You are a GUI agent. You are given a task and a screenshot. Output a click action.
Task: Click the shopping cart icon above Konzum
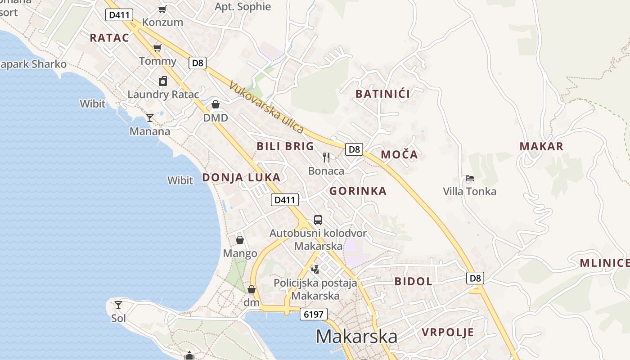coord(162,9)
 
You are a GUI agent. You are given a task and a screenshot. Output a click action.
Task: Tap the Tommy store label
coord(157,61)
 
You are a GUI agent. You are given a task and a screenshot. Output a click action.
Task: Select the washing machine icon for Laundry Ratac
coord(163,81)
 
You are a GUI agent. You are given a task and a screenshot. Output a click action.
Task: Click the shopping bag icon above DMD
coord(216,104)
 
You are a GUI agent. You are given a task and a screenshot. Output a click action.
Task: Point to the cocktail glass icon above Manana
coord(150,118)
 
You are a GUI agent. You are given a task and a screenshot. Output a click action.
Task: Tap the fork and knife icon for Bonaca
coord(326,157)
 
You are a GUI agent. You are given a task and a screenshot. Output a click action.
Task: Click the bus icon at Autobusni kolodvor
coord(318,220)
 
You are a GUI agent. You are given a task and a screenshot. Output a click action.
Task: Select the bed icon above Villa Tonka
coord(470,178)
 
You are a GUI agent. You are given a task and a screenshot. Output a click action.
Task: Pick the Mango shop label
coord(240,253)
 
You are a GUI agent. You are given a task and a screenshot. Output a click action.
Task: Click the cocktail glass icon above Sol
coord(118,305)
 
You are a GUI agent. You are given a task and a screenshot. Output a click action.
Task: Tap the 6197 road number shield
coord(313,314)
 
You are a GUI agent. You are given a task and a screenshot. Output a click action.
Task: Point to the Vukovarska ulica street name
coord(266,107)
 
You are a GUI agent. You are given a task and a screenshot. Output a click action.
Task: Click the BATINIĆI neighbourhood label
coord(382,94)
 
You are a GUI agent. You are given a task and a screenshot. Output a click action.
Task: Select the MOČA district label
coord(399,155)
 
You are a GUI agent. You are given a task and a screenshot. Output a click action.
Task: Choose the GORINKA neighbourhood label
coord(358,191)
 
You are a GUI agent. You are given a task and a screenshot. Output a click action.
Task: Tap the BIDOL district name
coord(413,281)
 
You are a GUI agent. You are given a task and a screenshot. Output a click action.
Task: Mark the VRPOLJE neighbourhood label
coord(447,333)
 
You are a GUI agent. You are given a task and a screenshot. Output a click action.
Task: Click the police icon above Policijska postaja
coord(315,269)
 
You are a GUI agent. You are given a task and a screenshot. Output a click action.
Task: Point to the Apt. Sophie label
coord(243,7)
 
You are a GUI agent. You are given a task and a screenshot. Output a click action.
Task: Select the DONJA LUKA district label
coord(241,177)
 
